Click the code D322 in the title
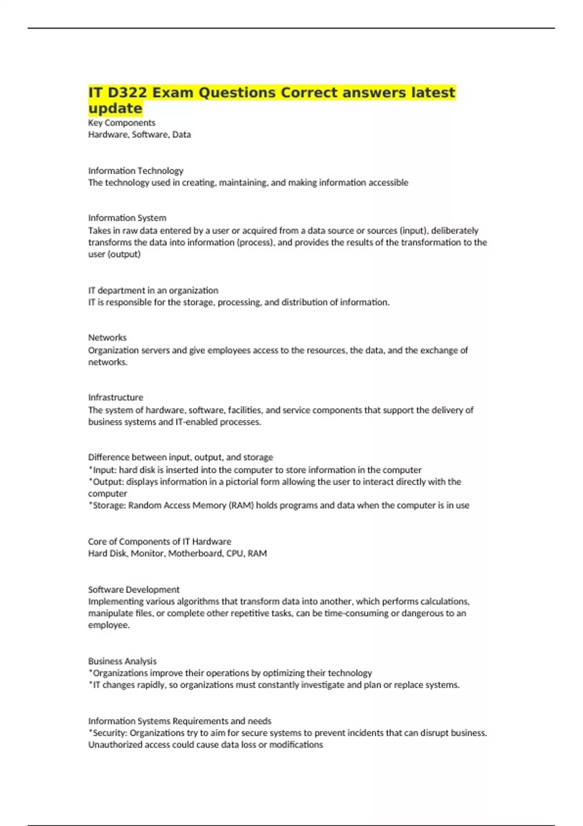(126, 92)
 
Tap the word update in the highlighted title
(115, 108)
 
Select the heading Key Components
(121, 122)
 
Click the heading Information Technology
(136, 171)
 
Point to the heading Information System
(127, 218)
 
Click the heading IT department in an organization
(153, 290)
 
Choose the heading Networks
(107, 337)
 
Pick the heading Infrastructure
(116, 397)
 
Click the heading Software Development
(134, 589)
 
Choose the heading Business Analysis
(122, 661)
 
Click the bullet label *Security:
(108, 733)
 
